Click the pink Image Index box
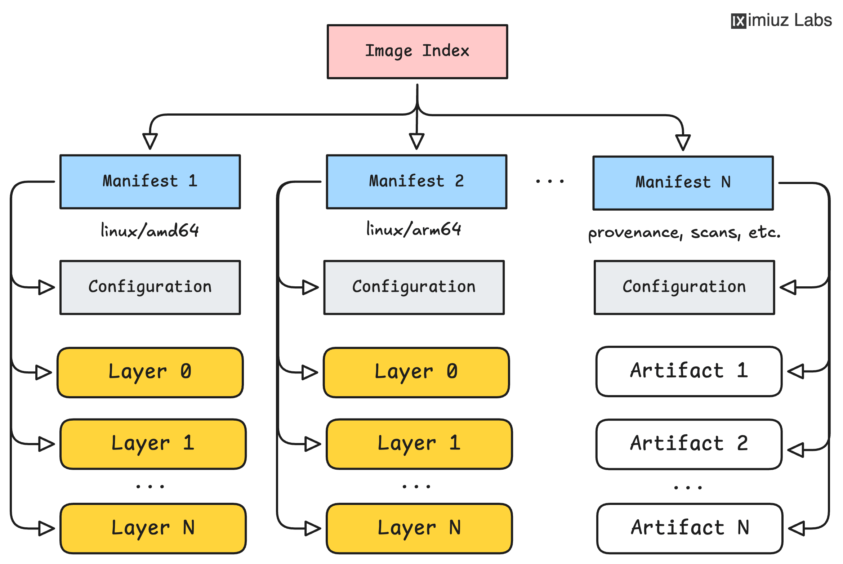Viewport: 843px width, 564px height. point(417,52)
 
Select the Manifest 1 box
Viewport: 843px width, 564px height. point(150,182)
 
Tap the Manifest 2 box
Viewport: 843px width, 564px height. point(416,182)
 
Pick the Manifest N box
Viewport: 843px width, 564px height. point(683,183)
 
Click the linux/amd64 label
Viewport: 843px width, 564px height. point(150,230)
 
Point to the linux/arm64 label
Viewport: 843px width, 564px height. point(414,229)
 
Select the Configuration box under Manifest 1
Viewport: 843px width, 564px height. point(150,287)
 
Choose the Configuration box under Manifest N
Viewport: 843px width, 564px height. point(684,287)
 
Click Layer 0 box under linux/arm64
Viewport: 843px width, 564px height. point(416,372)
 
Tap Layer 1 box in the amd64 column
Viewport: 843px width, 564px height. point(153,444)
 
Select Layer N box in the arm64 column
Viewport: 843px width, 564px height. point(419,528)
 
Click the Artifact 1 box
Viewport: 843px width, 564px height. point(689,371)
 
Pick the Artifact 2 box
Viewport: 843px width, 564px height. point(689,444)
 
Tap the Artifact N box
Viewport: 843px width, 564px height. point(690,528)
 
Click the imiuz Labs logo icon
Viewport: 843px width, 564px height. point(738,21)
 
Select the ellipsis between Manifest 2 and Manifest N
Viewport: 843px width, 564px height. point(550,181)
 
